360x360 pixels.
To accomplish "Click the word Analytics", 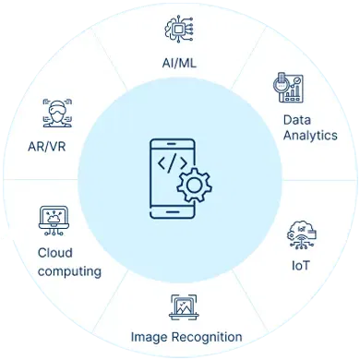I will click(309, 136).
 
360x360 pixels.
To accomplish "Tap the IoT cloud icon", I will click(301, 235).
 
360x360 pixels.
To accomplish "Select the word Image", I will click(150, 336).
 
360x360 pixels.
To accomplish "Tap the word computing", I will click(69, 271).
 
